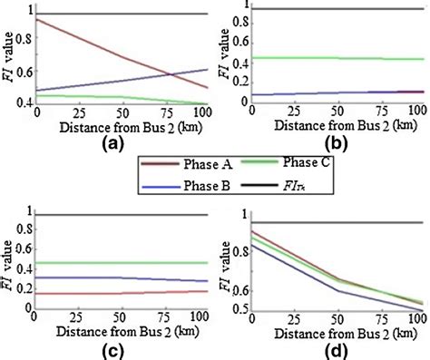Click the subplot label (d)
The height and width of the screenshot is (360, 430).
pos(328,350)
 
